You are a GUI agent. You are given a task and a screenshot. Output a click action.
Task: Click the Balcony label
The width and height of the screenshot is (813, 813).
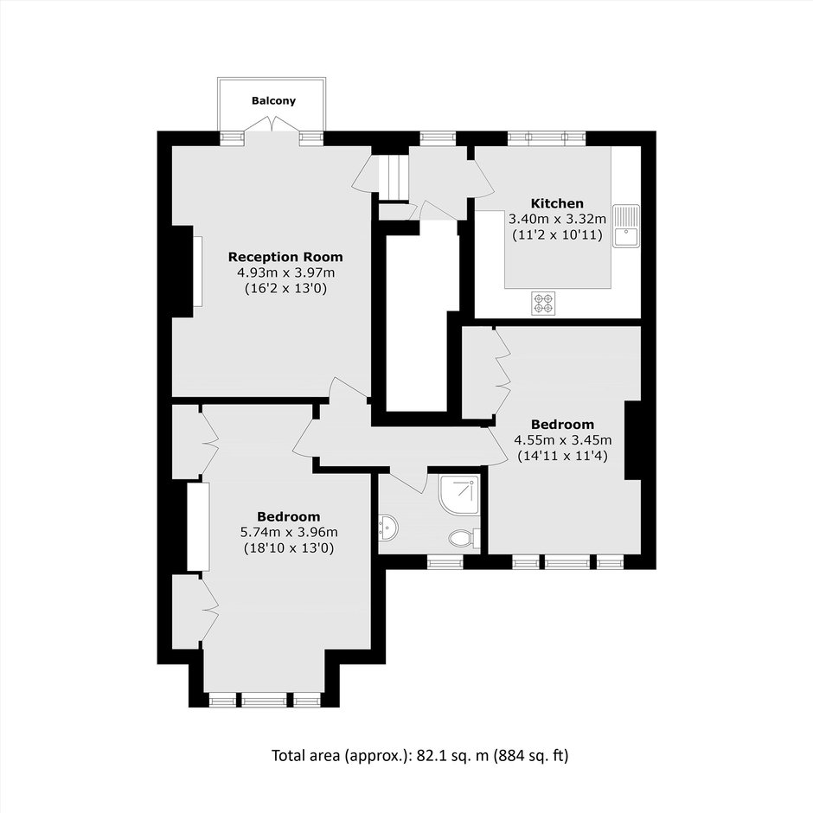tap(273, 100)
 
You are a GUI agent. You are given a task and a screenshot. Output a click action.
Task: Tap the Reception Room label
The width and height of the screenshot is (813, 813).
tap(285, 257)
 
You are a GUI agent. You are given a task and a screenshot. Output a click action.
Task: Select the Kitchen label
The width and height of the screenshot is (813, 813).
tap(557, 203)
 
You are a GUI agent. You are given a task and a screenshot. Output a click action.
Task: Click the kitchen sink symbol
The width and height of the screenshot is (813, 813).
tap(626, 226)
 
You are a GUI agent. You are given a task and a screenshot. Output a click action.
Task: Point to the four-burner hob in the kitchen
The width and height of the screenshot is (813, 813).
tap(543, 304)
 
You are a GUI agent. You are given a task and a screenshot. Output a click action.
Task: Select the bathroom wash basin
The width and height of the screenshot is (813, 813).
tap(387, 528)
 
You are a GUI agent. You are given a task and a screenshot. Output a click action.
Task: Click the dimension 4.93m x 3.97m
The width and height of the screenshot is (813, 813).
tap(285, 272)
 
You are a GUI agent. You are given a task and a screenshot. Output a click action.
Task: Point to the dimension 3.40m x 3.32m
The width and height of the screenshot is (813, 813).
tap(557, 219)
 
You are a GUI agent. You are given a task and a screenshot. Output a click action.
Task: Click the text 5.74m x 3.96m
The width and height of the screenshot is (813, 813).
tap(289, 532)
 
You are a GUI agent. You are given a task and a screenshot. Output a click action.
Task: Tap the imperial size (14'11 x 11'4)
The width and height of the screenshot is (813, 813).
tap(562, 456)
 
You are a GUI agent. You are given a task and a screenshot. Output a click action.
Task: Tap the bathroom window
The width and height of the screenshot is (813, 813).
tap(445, 561)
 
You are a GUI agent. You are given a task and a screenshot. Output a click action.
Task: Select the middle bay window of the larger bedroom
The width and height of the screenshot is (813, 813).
tap(264, 701)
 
